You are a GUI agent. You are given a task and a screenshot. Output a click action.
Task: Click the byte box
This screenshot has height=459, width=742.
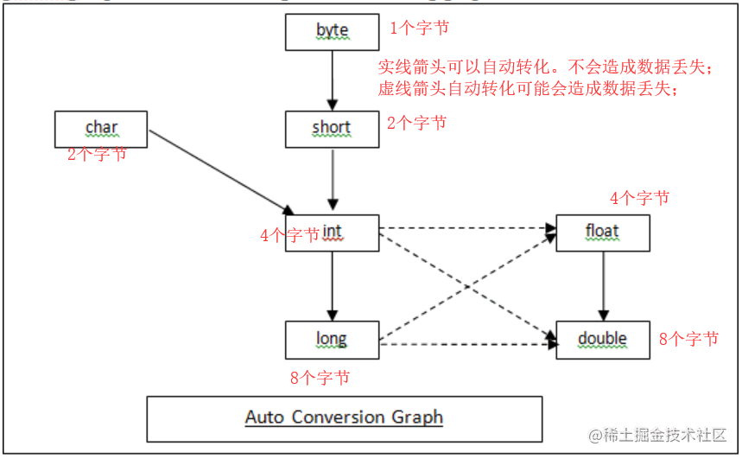point(333,32)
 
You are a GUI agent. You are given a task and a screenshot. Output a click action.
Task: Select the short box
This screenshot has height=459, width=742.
point(333,130)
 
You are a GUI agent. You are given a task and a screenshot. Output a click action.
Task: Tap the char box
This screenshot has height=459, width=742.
point(101,130)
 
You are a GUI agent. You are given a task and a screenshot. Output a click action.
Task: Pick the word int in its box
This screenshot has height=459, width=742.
point(332,232)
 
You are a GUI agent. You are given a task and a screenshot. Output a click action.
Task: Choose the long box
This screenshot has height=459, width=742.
point(333,340)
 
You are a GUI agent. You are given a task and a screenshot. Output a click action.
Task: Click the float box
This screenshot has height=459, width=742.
point(603,233)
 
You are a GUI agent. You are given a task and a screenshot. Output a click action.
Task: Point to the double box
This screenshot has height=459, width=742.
point(603,340)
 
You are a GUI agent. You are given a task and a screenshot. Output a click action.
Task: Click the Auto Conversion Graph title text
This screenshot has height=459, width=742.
point(344,418)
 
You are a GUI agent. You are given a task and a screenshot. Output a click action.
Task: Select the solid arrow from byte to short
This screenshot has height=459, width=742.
point(333,80)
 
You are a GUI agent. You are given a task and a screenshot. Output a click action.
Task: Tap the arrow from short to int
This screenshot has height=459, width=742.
point(333,179)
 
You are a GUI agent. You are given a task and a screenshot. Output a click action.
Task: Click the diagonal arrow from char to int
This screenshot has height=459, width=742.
point(221,173)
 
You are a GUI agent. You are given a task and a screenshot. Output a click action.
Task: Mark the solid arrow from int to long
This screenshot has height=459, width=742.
point(333,286)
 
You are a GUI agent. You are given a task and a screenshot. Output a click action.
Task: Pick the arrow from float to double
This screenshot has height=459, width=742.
point(603,286)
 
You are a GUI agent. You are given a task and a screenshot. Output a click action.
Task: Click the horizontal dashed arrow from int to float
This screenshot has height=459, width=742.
point(467,228)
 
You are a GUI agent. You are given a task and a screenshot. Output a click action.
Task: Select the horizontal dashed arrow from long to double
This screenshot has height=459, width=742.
point(468,344)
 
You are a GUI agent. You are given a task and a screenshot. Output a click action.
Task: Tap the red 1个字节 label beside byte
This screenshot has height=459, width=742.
point(419,28)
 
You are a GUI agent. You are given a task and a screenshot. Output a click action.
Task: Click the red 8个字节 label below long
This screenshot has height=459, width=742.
point(320,378)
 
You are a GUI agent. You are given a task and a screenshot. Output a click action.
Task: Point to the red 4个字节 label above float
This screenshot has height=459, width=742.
point(640,198)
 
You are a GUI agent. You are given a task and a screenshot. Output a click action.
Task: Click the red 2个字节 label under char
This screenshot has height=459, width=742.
point(97,154)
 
